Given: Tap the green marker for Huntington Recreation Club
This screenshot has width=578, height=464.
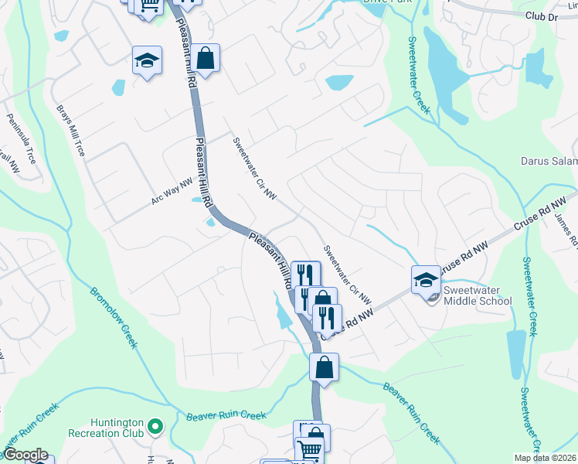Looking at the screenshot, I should (x=156, y=425).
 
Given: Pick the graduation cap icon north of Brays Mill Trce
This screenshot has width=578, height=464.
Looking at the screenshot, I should (x=146, y=61).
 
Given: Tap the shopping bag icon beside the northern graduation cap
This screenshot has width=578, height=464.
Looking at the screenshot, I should (x=206, y=56).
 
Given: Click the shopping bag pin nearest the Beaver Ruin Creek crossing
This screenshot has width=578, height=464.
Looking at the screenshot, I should (x=324, y=367).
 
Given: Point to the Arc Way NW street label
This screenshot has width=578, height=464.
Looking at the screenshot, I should (x=172, y=189).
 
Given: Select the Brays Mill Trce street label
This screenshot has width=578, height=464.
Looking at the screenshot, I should (x=70, y=128).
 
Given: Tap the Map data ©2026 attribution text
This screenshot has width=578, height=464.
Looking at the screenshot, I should (x=544, y=458).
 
